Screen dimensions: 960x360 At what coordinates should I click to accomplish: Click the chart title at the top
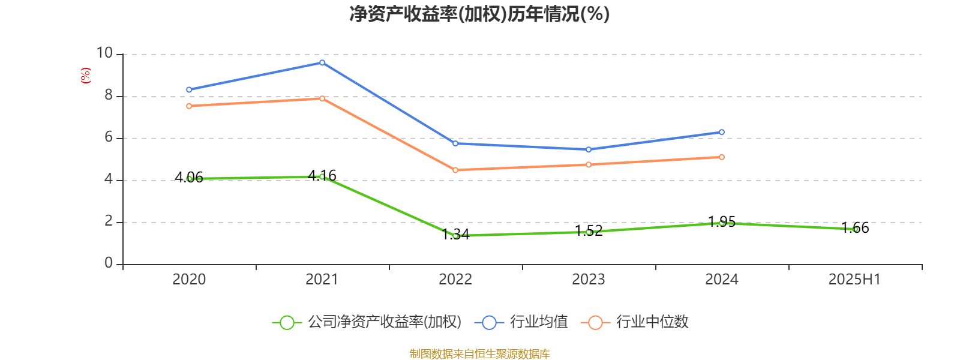coord(479,14)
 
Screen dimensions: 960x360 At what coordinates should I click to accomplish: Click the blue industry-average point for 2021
coord(322,62)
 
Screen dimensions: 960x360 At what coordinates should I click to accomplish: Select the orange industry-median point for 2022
coord(455,170)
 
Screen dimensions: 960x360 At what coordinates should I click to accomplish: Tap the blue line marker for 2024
coord(722,132)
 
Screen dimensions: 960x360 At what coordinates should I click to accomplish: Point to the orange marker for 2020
coord(189,106)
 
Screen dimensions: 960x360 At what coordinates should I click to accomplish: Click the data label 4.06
coord(189,177)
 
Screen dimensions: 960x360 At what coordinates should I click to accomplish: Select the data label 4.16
coord(322,175)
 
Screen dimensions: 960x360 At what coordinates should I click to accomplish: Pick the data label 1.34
coord(455,234)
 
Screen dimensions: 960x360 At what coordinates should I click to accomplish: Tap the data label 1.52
coord(589,230)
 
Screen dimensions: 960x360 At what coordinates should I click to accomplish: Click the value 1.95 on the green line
coord(722,221)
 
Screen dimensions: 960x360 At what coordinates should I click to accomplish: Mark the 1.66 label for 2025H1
coord(855,227)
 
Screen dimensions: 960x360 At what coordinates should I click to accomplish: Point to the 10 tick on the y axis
coord(105,53)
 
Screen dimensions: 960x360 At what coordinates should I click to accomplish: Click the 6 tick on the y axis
coord(109,137)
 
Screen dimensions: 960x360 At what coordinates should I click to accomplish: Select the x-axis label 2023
coord(589,279)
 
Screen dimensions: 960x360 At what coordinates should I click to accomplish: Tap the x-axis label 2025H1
coord(854,279)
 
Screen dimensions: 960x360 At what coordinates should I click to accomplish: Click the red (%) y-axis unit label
coord(86,76)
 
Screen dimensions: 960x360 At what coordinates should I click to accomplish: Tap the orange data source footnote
coord(479,353)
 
